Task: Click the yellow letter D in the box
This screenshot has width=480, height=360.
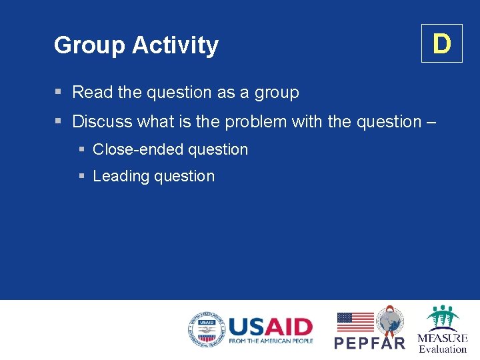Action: (441, 44)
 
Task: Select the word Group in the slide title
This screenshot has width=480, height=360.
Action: (90, 45)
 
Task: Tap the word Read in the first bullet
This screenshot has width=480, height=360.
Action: (93, 92)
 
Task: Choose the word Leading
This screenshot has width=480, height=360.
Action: (121, 177)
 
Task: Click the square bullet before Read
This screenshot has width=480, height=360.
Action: (59, 92)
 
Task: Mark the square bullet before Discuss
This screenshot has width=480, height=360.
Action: (59, 121)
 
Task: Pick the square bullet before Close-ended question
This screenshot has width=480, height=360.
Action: (81, 149)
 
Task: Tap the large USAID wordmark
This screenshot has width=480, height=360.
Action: (270, 327)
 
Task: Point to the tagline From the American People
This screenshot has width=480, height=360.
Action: (270, 341)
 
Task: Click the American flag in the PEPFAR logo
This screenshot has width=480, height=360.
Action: (355, 322)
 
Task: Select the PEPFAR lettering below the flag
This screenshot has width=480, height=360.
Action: (369, 343)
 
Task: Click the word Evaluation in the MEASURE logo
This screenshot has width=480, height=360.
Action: (443, 349)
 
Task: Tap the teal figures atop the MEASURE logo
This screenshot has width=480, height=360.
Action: (443, 317)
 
